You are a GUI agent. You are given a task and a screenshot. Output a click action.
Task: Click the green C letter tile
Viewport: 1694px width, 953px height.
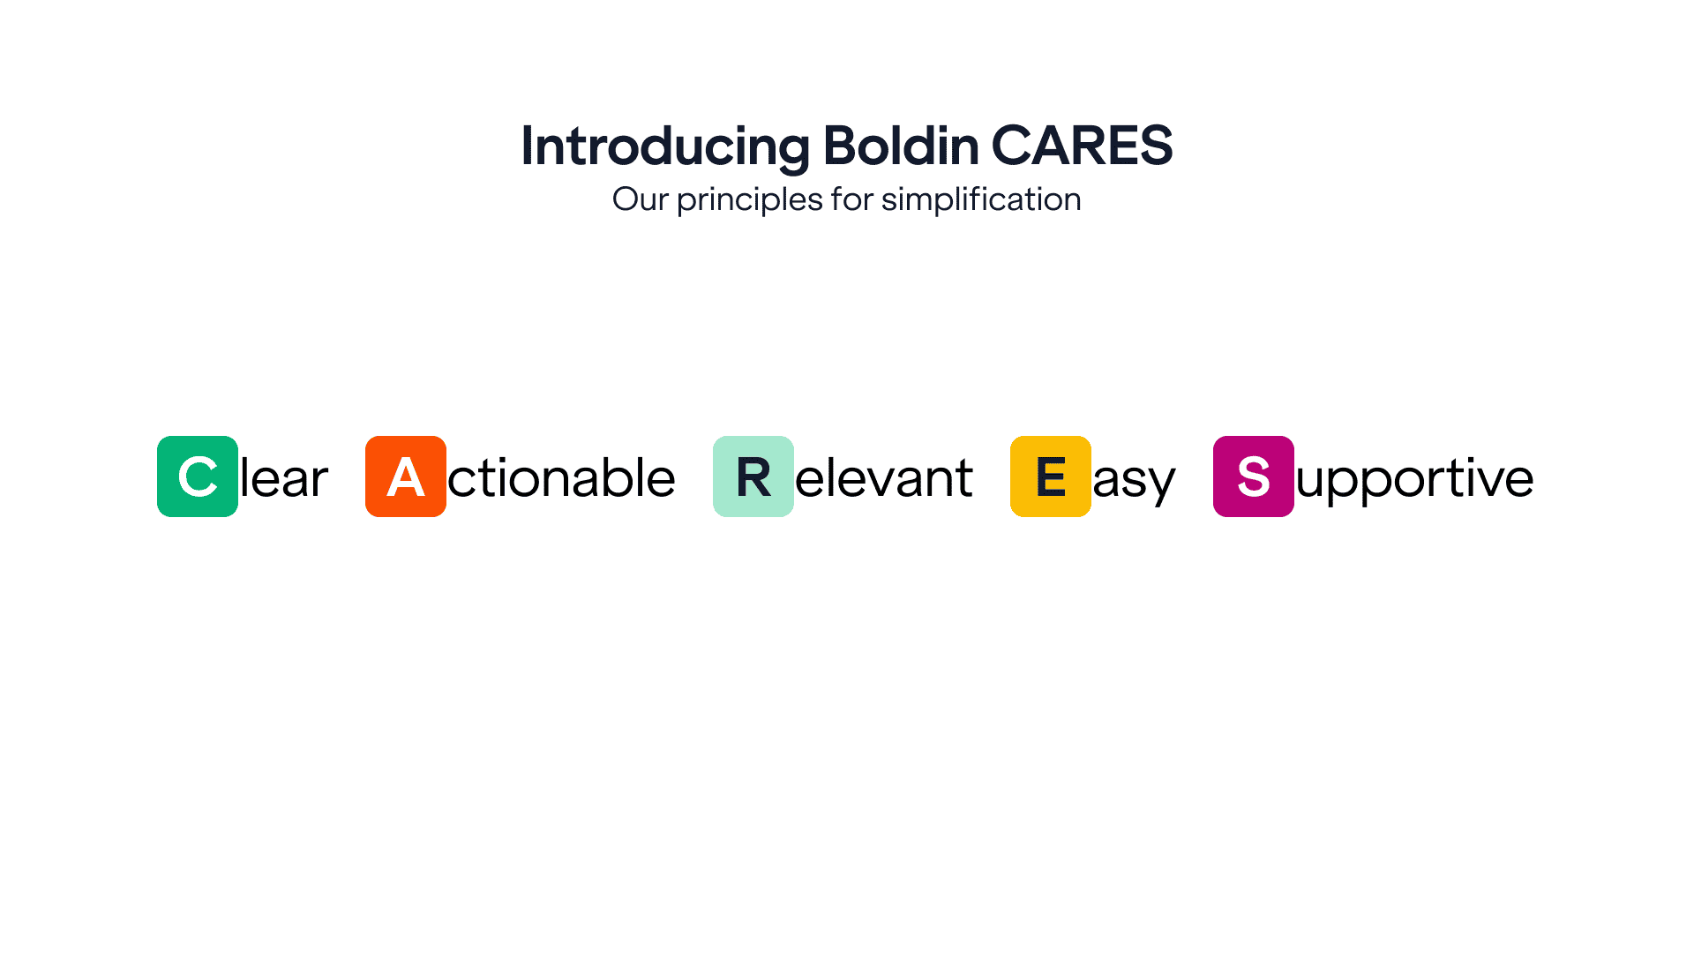(x=198, y=476)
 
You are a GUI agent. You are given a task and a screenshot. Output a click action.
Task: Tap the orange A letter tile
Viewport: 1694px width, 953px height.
(x=406, y=476)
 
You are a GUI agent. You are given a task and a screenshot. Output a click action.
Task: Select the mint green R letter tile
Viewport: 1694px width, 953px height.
(x=753, y=476)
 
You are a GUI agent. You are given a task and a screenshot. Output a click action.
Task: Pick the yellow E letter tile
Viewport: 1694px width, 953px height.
(x=1051, y=476)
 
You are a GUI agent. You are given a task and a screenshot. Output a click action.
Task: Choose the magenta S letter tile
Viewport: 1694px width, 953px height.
(x=1254, y=476)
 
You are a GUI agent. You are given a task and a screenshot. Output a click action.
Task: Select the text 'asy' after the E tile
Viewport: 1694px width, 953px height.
(x=1135, y=482)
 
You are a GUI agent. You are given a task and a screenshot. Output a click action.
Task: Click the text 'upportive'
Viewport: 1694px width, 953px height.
(x=1415, y=482)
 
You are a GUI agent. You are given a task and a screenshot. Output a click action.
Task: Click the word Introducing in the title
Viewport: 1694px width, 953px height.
(x=666, y=146)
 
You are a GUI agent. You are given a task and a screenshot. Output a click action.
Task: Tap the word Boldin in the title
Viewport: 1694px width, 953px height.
(x=901, y=145)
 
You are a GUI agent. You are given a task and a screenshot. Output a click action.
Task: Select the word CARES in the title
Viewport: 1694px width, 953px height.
(x=1083, y=145)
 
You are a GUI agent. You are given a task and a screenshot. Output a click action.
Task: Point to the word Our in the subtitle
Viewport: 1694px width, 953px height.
(x=640, y=199)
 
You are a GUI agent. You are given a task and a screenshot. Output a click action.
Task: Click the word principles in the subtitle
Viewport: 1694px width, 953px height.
(x=750, y=201)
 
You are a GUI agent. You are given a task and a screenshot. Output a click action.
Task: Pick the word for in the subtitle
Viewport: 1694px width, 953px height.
(x=852, y=199)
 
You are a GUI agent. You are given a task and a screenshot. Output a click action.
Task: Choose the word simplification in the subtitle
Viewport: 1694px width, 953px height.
(x=981, y=201)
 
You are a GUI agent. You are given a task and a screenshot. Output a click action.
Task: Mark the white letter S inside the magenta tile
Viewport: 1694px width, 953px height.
(x=1254, y=476)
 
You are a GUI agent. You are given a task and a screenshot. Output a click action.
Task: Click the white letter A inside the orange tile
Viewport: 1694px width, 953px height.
(x=406, y=476)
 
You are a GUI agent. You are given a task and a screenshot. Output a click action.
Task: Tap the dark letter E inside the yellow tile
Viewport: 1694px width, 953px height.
(x=1051, y=476)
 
